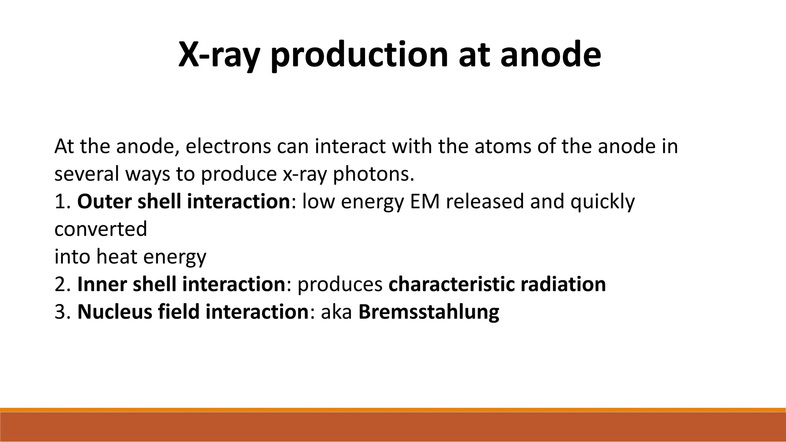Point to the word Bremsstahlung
click(429, 312)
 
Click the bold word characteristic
click(451, 284)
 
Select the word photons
click(373, 174)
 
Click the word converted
click(101, 229)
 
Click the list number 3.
click(61, 312)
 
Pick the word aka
click(336, 312)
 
